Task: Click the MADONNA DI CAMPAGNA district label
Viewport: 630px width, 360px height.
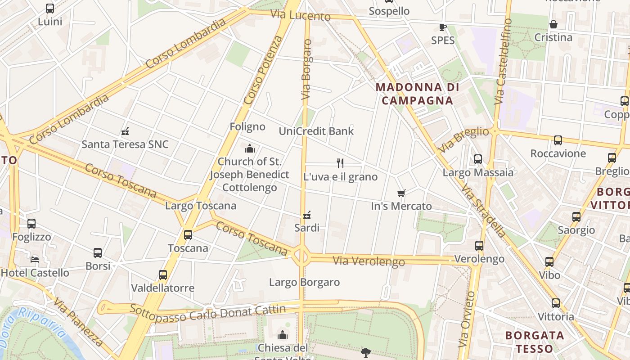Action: tap(417, 94)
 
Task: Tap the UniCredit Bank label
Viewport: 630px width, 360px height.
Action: tap(316, 131)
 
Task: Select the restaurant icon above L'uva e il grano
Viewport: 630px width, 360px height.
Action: tap(340, 163)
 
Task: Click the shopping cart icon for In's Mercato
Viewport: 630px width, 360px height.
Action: tap(401, 193)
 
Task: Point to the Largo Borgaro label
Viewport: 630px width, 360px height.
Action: tap(304, 282)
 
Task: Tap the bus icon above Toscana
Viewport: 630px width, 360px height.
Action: tap(188, 234)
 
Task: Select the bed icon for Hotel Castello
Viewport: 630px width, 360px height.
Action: tap(35, 259)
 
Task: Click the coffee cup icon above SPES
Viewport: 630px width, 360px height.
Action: tap(443, 27)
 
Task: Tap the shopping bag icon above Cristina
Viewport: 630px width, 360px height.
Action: tap(553, 24)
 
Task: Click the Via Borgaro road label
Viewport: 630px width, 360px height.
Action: tap(307, 70)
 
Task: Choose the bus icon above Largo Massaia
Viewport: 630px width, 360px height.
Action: tap(478, 159)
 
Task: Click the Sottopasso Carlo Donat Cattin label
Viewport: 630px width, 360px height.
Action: tap(207, 312)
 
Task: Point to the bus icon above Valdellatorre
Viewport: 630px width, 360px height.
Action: tap(163, 274)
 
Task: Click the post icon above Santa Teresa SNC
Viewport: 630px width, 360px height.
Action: tap(125, 131)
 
